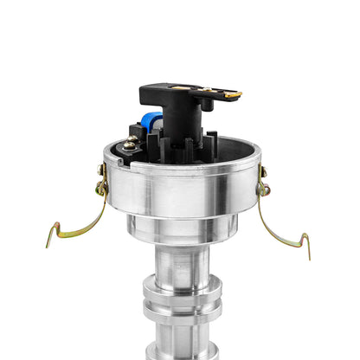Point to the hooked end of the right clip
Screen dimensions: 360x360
[305, 244]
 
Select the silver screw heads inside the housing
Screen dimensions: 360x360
[130, 145]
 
